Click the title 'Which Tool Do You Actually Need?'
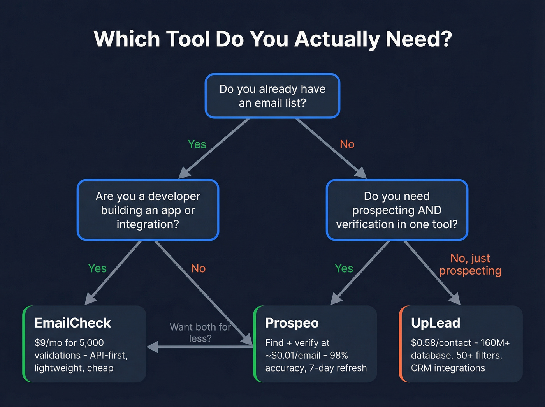272,39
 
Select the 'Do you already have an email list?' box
272,96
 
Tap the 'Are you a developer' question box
148,210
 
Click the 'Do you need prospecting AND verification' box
397,210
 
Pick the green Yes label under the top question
197,144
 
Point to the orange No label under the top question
347,144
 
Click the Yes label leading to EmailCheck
97,268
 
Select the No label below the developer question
198,268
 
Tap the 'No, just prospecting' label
470,264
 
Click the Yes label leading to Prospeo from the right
344,268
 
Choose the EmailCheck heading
73,323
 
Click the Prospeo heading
292,323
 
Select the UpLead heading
436,323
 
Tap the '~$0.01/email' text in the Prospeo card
290,356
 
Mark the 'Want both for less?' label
200,333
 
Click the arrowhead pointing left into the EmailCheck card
152,347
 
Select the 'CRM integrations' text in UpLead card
448,368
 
